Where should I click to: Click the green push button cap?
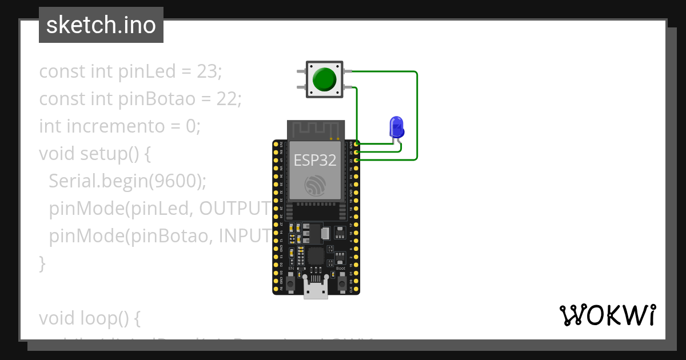(x=325, y=79)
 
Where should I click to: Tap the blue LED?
(x=396, y=126)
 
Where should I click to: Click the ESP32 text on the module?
(x=315, y=160)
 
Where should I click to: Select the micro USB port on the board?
(x=316, y=290)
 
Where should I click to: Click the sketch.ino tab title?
(x=101, y=25)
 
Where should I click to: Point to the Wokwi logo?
(x=607, y=315)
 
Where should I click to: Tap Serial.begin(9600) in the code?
(x=127, y=181)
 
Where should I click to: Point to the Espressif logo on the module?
(x=316, y=185)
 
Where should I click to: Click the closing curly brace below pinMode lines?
(x=42, y=263)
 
